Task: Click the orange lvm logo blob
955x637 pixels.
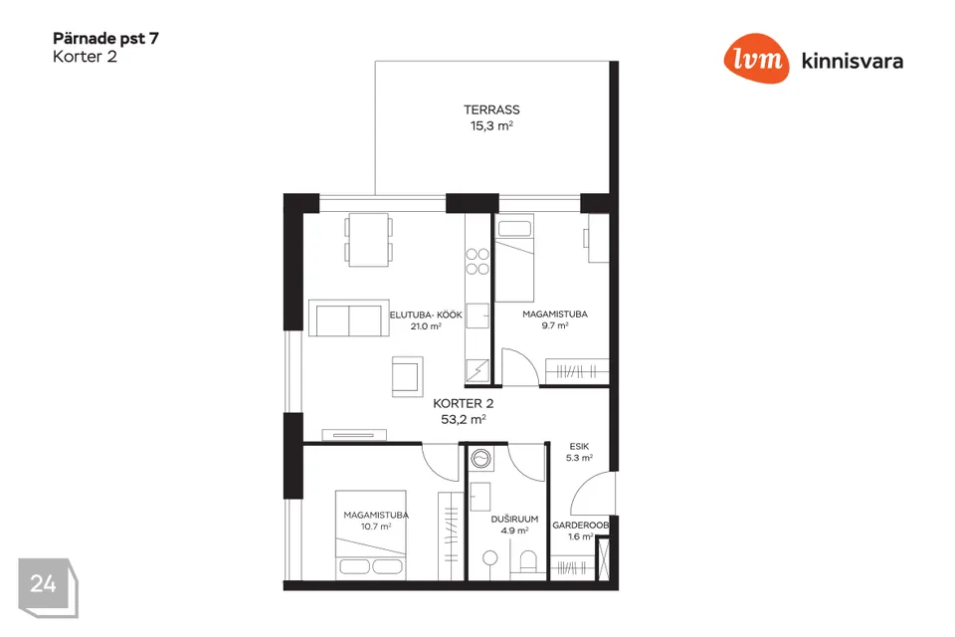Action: click(756, 59)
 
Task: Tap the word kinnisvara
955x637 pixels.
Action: click(853, 61)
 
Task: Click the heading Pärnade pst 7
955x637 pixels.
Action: click(106, 39)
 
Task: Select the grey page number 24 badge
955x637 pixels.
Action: click(48, 587)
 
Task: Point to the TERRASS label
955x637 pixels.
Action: click(491, 109)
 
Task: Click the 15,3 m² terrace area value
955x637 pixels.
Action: click(491, 126)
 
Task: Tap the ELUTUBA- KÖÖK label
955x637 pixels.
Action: click(426, 316)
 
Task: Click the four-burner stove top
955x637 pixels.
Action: click(477, 262)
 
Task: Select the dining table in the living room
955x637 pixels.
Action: click(368, 240)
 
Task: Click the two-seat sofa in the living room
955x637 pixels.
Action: click(349, 318)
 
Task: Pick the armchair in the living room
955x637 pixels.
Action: click(408, 376)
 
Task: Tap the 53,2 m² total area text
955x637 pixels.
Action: click(463, 419)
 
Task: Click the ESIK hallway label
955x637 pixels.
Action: click(579, 446)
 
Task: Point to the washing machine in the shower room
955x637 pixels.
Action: click(481, 459)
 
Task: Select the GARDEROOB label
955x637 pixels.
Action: click(580, 525)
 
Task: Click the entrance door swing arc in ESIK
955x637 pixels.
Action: click(586, 488)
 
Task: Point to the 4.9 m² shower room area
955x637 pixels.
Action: click(514, 531)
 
